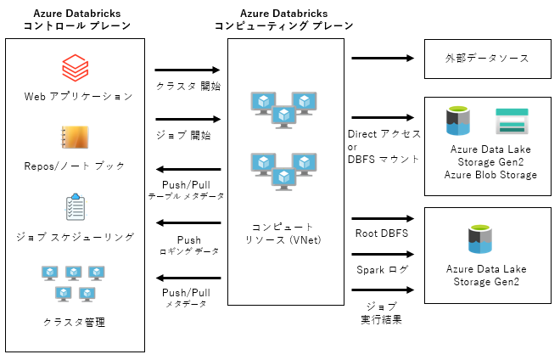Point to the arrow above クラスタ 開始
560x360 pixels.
pyautogui.click(x=188, y=71)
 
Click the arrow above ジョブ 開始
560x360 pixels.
pyautogui.click(x=188, y=120)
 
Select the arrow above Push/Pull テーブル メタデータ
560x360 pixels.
pyautogui.click(x=188, y=171)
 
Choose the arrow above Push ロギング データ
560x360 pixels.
pyautogui.click(x=188, y=223)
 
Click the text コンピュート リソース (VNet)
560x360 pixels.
pyautogui.click(x=285, y=233)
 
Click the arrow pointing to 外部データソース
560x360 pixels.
pyautogui.click(x=381, y=59)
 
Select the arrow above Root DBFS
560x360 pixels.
pyautogui.click(x=381, y=218)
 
